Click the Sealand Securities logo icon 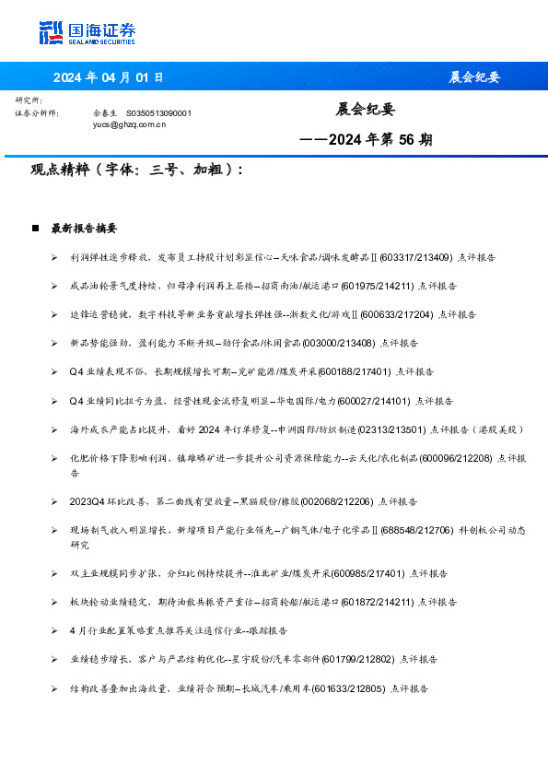(x=52, y=32)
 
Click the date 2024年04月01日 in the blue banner (x=108, y=76)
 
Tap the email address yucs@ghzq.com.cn (x=130, y=123)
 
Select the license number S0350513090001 (x=157, y=112)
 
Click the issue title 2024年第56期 (x=367, y=140)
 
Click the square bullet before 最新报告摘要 (x=35, y=228)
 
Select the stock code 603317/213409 (x=415, y=257)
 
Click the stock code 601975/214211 (x=379, y=286)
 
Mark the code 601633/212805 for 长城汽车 (x=348, y=688)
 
